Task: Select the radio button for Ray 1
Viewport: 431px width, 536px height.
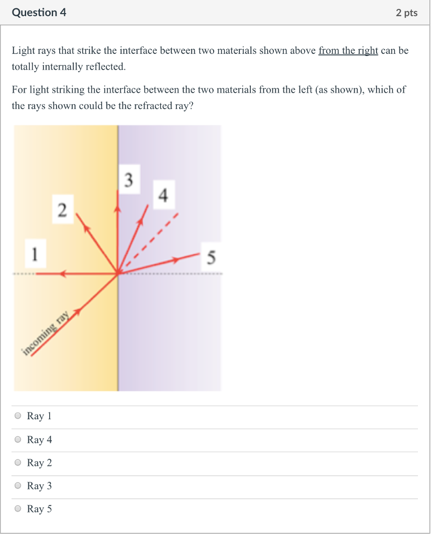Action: click(18, 416)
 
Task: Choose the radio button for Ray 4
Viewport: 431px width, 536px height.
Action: click(18, 440)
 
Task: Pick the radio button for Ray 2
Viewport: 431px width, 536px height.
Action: click(18, 463)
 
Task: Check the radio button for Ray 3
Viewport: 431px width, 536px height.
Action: click(18, 486)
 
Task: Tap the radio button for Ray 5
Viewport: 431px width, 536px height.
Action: click(18, 509)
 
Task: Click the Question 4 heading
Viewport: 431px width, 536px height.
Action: click(39, 13)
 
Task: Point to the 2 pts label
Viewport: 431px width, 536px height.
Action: click(407, 13)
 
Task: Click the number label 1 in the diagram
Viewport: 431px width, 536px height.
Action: click(35, 254)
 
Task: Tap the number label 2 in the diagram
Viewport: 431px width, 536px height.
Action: click(62, 211)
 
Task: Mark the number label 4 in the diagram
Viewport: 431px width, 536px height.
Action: click(163, 196)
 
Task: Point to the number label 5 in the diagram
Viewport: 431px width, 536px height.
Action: click(212, 258)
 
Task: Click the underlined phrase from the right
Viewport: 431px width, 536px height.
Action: click(348, 51)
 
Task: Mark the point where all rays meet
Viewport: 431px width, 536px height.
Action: click(118, 273)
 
